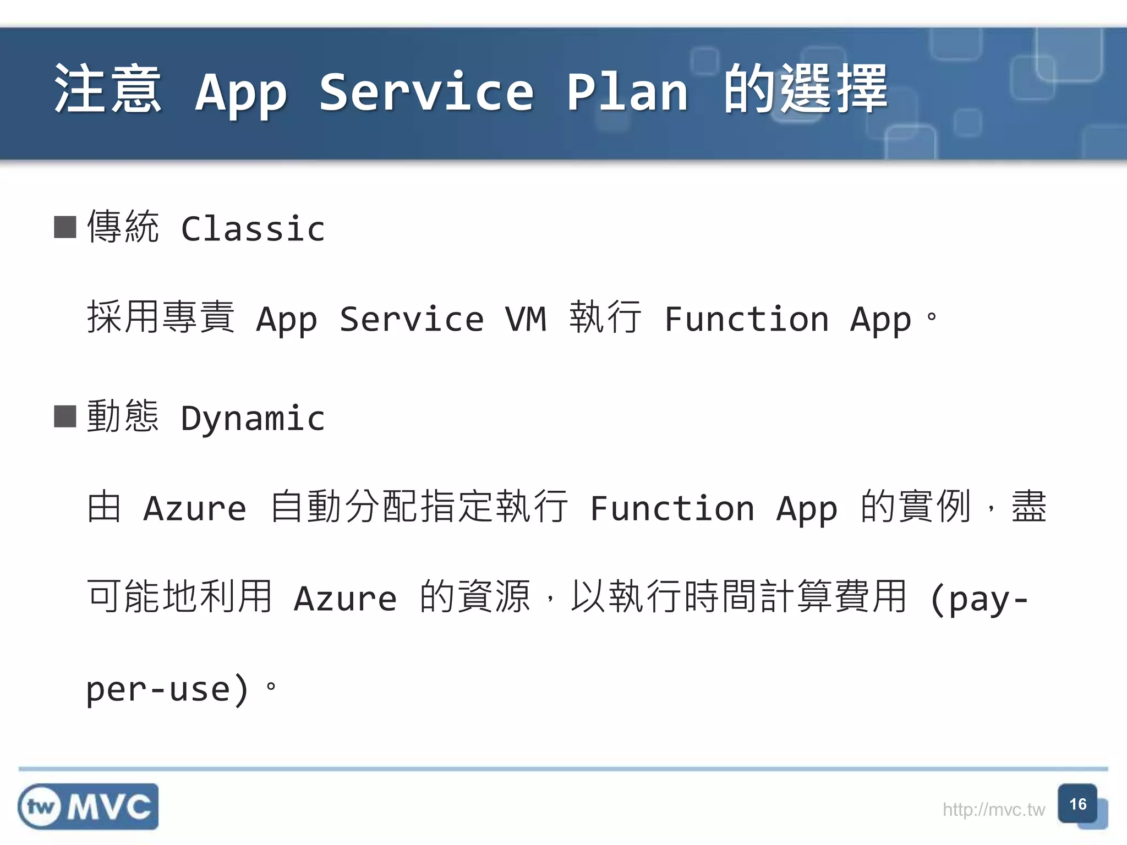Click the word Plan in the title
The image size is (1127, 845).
click(x=627, y=92)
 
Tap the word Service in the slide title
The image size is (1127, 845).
click(x=426, y=92)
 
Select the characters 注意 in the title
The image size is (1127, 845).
click(x=108, y=89)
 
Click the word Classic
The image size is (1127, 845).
click(x=253, y=229)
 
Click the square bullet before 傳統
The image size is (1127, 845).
click(x=65, y=227)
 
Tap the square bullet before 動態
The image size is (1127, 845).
click(x=65, y=416)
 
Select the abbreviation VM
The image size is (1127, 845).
click(x=526, y=319)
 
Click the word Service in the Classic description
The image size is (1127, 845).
click(x=412, y=319)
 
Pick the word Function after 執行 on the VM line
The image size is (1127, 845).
click(x=746, y=319)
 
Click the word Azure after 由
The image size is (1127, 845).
click(x=195, y=508)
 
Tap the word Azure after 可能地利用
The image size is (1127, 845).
click(x=345, y=599)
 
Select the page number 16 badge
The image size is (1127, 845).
click(x=1077, y=804)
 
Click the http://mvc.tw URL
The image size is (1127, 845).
click(x=993, y=810)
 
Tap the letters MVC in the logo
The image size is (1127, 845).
click(x=110, y=807)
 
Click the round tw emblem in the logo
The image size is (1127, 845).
click(x=40, y=807)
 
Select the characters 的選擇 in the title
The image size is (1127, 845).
click(x=806, y=89)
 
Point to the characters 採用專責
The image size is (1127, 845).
click(x=161, y=317)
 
